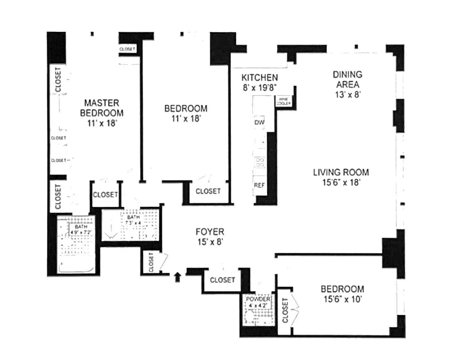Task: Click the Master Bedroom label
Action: (102, 108)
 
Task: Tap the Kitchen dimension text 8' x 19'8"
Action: (259, 87)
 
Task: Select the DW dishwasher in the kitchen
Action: (259, 122)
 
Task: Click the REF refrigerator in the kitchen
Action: (259, 185)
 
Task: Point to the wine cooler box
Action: (283, 102)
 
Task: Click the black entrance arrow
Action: (178, 277)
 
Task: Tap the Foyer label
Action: (210, 232)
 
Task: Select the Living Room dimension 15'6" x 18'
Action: (341, 182)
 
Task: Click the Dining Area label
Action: (348, 79)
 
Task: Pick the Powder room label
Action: (258, 299)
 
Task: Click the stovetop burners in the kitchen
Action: (260, 163)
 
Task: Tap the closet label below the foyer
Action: (222, 280)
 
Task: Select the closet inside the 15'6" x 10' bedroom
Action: (285, 310)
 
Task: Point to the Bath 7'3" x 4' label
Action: (133, 220)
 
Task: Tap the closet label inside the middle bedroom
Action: (208, 191)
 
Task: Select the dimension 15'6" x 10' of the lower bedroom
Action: (343, 299)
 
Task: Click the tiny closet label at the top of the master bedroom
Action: (127, 49)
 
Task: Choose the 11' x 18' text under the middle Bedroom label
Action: (186, 118)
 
